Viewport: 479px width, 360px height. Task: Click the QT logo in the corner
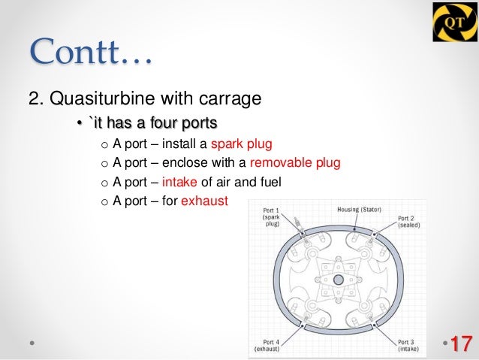click(x=453, y=23)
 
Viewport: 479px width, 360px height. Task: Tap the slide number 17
click(x=460, y=344)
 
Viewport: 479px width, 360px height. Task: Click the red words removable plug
click(x=295, y=163)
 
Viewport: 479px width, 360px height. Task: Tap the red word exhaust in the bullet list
click(x=204, y=201)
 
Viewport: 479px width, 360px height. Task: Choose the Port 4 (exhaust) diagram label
click(x=267, y=345)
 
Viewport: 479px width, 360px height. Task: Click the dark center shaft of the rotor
click(x=338, y=280)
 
